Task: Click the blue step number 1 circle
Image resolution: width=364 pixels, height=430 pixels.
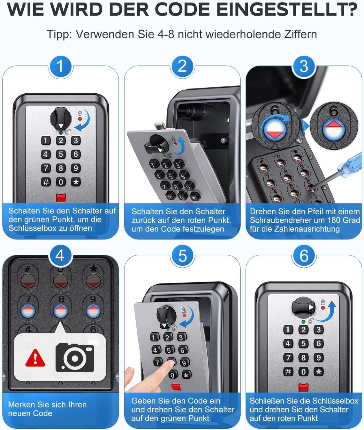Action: click(x=60, y=66)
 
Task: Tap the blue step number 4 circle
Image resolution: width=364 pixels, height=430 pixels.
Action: click(x=60, y=256)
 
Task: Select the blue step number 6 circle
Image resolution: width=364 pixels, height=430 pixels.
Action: click(x=304, y=256)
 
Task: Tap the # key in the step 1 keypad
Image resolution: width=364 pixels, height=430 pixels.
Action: click(x=46, y=182)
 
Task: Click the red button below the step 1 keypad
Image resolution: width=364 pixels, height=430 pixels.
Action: click(x=61, y=197)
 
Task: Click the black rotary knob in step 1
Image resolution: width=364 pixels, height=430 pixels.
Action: click(x=61, y=119)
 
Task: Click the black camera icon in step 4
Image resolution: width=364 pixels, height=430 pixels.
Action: click(x=75, y=357)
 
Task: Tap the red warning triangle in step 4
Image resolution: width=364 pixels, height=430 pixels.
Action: click(x=35, y=358)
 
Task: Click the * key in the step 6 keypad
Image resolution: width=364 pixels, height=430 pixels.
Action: click(x=319, y=372)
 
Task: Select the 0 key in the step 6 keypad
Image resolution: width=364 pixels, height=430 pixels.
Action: click(x=303, y=372)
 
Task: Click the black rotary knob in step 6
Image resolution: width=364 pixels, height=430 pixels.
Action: click(x=303, y=307)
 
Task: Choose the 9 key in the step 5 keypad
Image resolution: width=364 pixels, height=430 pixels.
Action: click(x=184, y=363)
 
